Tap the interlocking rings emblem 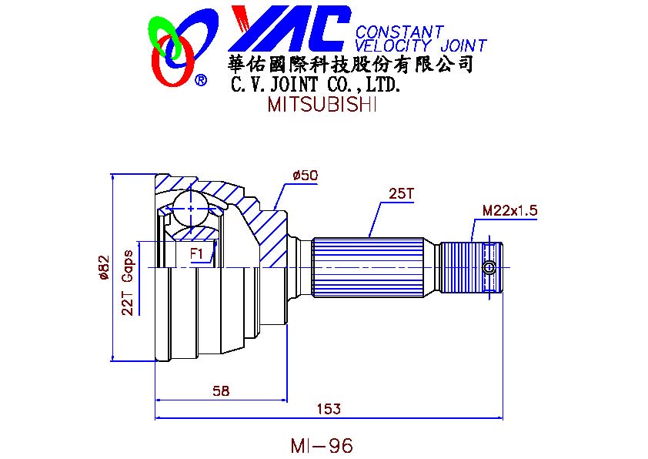[172, 49]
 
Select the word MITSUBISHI [322, 105]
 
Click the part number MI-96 [322, 445]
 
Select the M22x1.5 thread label [509, 209]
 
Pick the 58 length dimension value [221, 390]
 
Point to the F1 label [198, 253]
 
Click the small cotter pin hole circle [489, 267]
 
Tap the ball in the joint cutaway [189, 207]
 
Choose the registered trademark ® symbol [200, 79]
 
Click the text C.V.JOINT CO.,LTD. [316, 85]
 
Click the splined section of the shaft [369, 267]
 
